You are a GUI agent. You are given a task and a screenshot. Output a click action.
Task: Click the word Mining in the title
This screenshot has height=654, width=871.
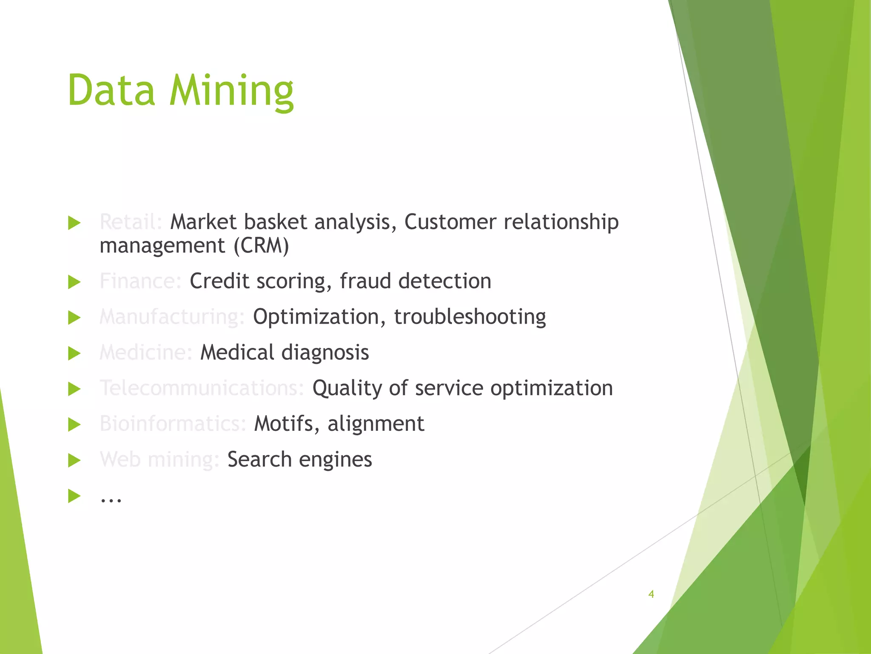tap(232, 91)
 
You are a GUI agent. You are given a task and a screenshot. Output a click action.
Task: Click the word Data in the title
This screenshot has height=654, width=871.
tap(111, 91)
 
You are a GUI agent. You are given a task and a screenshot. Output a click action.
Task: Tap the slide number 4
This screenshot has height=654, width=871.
tap(651, 594)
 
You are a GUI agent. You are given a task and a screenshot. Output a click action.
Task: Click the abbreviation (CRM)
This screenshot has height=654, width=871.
tap(261, 246)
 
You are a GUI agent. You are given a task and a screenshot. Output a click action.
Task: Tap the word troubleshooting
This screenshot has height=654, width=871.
tap(470, 317)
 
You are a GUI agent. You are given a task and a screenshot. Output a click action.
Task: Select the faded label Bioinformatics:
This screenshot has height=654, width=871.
tap(173, 424)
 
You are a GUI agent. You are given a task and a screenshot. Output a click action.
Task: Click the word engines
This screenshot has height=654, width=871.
tap(335, 459)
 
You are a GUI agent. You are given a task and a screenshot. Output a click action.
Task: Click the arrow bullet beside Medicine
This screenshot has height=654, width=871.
tap(74, 353)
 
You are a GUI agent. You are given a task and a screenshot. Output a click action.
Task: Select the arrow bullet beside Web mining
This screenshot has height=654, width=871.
tap(74, 460)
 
